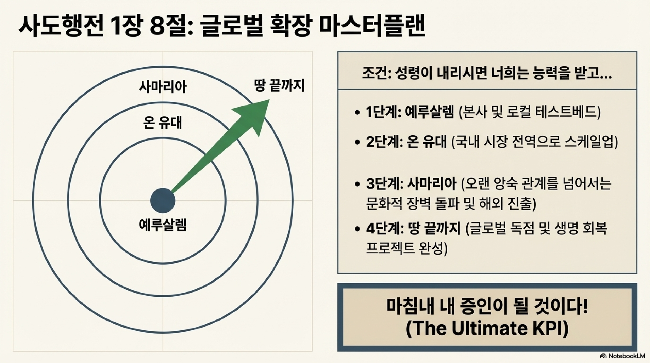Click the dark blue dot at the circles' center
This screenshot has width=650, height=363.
pyautogui.click(x=163, y=200)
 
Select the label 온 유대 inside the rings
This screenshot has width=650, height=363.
pyautogui.click(x=163, y=123)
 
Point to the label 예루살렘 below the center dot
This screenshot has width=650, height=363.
pyautogui.click(x=163, y=225)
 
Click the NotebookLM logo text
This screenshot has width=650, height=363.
pyautogui.click(x=626, y=356)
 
